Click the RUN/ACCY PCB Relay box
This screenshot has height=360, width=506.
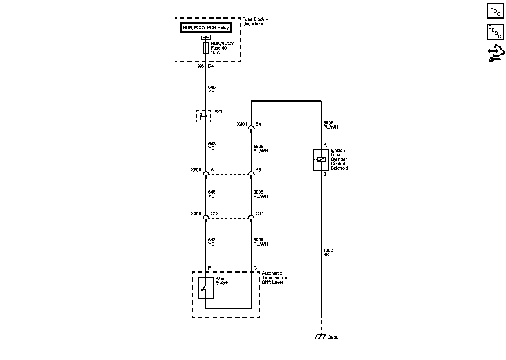tap(206, 28)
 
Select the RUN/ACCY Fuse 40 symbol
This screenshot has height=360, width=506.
tap(206, 48)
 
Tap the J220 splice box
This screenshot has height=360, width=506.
tap(204, 116)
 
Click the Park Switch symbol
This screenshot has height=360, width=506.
tap(205, 288)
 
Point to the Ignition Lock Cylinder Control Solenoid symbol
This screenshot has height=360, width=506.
tap(321, 159)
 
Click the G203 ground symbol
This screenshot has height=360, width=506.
tap(321, 337)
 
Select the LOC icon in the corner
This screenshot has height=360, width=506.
tap(495, 11)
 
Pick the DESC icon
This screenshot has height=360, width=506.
tap(495, 31)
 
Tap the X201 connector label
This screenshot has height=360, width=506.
tap(242, 124)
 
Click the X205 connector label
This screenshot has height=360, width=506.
tap(196, 170)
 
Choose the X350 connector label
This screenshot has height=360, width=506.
tap(196, 214)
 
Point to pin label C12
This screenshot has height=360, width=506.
tap(214, 214)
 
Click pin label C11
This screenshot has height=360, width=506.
tap(259, 214)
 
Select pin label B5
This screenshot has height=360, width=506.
tap(258, 170)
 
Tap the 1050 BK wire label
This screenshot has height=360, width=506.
tap(328, 253)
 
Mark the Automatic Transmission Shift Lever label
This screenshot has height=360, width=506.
tap(275, 278)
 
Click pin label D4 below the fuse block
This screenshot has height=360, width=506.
tap(211, 66)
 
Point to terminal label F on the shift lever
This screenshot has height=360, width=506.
tap(209, 268)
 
